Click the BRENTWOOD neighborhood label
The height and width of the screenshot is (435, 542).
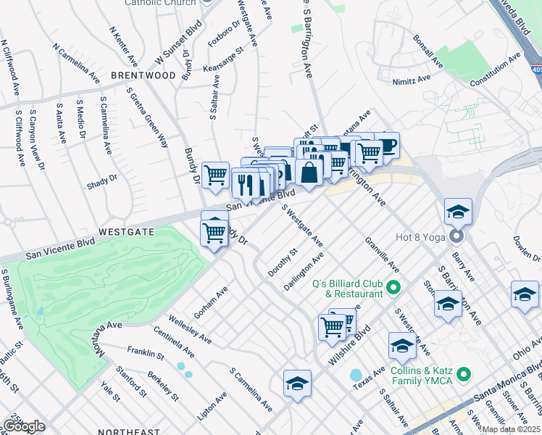point(143,75)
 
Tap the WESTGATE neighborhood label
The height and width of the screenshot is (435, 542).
point(127,232)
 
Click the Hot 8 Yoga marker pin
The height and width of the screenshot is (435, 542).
point(456,237)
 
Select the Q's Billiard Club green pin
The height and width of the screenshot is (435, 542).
point(393,288)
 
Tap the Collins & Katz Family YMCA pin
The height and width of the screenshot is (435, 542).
point(464,375)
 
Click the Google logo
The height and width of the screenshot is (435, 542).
point(23,426)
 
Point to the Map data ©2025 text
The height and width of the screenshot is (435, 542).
point(511,429)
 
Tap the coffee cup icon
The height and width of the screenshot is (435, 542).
point(385,145)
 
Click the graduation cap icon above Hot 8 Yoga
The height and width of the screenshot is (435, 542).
point(458,212)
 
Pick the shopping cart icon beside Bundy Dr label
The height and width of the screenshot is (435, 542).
point(215,175)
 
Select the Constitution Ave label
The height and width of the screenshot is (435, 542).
point(495,70)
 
